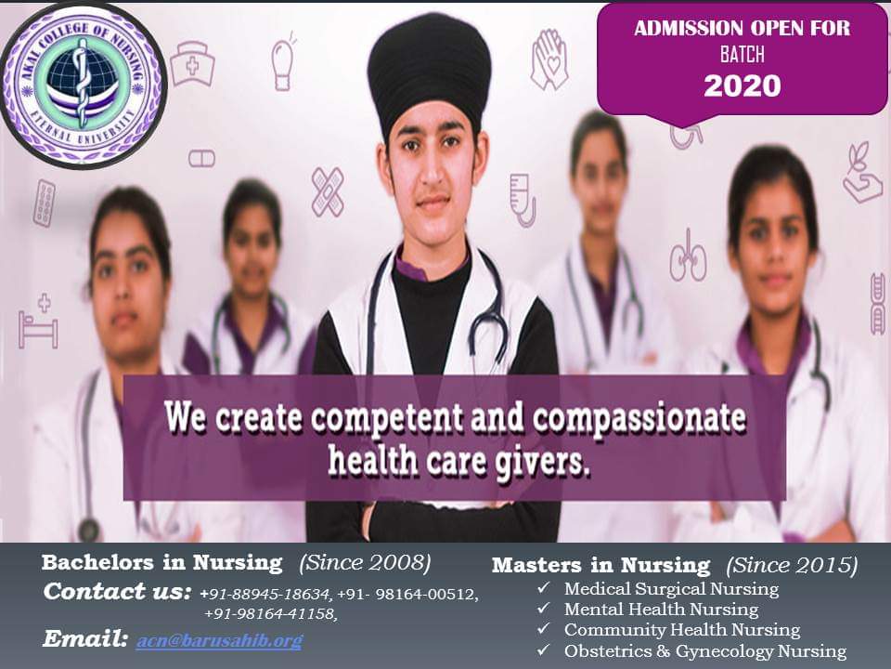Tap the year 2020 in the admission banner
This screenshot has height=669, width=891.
[742, 86]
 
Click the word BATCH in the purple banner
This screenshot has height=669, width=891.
[742, 55]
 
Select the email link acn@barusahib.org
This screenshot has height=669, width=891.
[219, 641]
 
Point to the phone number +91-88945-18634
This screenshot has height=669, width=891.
[265, 595]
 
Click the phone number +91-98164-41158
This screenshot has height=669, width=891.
[270, 614]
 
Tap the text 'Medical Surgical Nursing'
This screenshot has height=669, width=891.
[671, 589]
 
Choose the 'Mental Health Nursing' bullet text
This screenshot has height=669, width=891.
[661, 610]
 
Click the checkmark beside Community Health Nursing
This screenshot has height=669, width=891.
[543, 629]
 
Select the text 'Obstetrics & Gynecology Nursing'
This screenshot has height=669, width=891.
[705, 650]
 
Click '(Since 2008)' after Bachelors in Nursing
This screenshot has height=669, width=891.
[365, 563]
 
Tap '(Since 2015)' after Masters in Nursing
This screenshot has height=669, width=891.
[792, 565]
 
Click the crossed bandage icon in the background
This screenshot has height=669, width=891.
[328, 191]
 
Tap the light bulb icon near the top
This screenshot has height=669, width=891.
[282, 63]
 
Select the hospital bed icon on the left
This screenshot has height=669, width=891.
[38, 322]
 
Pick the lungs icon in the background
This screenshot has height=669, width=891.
[688, 256]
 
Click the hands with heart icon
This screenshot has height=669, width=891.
[549, 59]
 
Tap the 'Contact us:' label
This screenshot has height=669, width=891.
[117, 592]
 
